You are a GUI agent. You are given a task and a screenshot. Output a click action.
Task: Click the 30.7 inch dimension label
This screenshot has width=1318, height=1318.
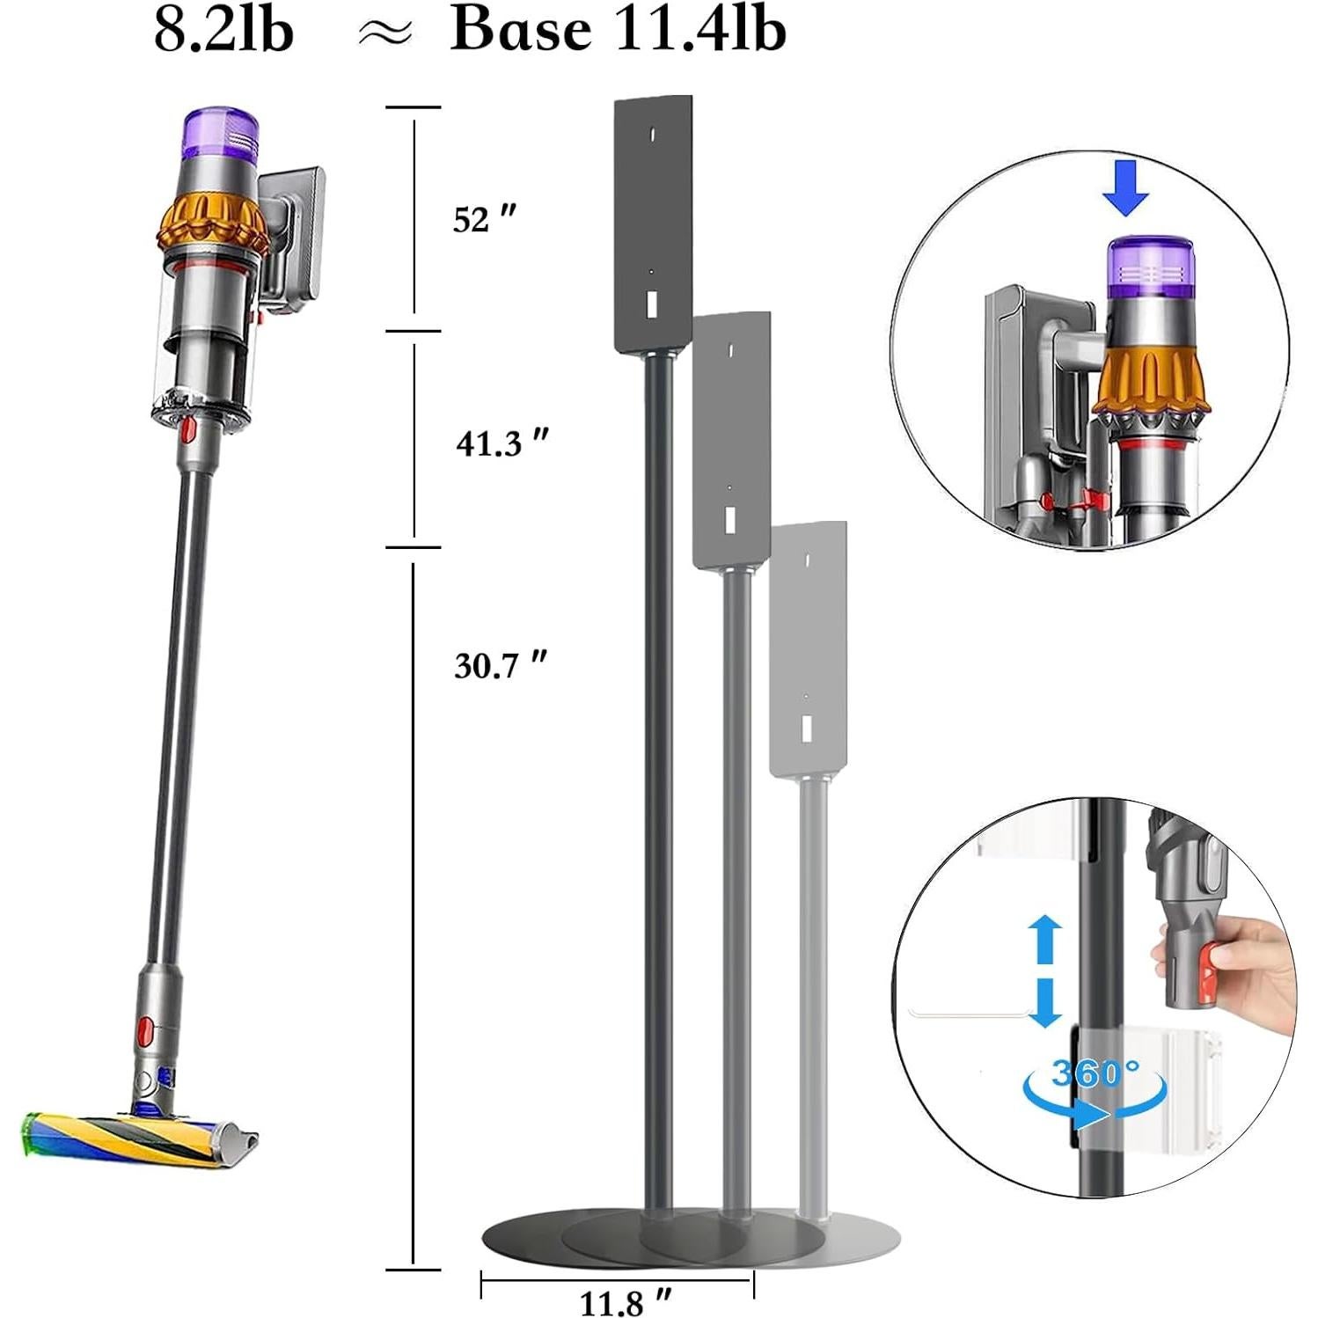(x=500, y=665)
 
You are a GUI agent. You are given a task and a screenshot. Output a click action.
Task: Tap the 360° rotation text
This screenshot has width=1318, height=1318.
(x=1095, y=1073)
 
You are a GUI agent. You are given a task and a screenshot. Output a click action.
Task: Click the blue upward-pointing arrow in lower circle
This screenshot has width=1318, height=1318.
(x=1044, y=941)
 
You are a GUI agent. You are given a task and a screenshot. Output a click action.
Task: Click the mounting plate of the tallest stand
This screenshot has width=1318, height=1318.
(x=652, y=220)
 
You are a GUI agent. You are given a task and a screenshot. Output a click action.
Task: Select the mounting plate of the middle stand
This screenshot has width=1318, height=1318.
(x=730, y=440)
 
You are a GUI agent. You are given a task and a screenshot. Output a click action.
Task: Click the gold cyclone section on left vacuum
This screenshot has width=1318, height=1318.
(x=211, y=222)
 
